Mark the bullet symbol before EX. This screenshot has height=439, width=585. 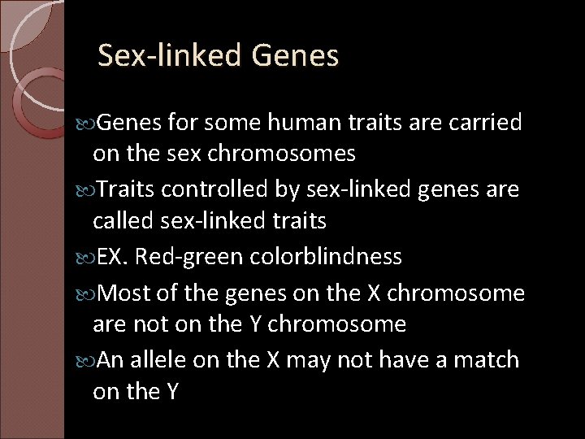click(x=89, y=259)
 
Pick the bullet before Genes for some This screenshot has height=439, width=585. click(x=89, y=124)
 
